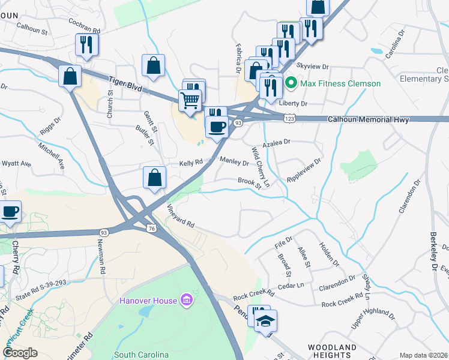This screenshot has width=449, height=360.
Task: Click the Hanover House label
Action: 148,301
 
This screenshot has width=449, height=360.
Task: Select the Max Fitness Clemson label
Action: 340,83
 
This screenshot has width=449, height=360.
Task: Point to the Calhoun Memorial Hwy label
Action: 369,120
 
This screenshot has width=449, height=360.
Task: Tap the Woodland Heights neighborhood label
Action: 332,352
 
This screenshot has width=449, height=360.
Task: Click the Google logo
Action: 20,353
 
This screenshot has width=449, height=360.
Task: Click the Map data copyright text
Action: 424,355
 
